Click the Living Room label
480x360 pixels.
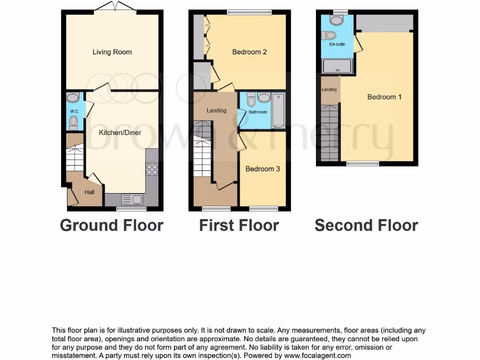pyautogui.click(x=112, y=52)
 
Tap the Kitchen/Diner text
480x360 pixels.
pyautogui.click(x=120, y=133)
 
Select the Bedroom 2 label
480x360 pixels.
pyautogui.click(x=249, y=52)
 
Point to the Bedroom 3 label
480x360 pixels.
pyautogui.click(x=262, y=169)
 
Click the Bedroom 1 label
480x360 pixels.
pyautogui.click(x=384, y=97)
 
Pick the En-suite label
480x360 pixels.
pyautogui.click(x=337, y=44)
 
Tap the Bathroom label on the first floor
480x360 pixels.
pyautogui.click(x=258, y=112)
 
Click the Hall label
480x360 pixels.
pyautogui.click(x=90, y=192)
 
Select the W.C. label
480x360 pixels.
pyautogui.click(x=74, y=111)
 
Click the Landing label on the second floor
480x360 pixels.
pyautogui.click(x=329, y=90)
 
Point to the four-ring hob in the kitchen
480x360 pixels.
pyautogui.click(x=152, y=169)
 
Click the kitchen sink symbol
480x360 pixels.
pyautogui.click(x=132, y=200)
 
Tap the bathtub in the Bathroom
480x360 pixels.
pyautogui.click(x=278, y=111)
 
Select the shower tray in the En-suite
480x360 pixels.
pyautogui.click(x=337, y=66)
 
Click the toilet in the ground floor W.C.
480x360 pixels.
pyautogui.click(x=73, y=122)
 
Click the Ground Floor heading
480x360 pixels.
pyautogui.click(x=112, y=225)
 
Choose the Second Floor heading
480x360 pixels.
pyautogui.click(x=366, y=225)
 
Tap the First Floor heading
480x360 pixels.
pyautogui.click(x=239, y=225)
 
